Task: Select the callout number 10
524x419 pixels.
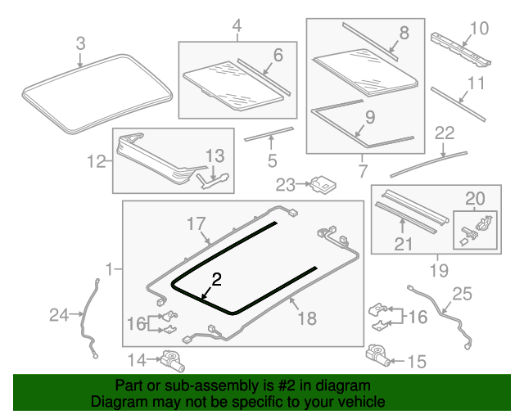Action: click(478, 29)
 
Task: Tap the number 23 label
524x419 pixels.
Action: click(284, 184)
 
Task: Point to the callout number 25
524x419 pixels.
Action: click(463, 294)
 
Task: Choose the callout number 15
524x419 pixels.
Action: click(417, 360)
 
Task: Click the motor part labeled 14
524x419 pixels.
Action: click(174, 358)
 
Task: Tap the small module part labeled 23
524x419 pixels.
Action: click(324, 184)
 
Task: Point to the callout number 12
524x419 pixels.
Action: click(97, 161)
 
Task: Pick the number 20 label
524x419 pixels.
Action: click(475, 197)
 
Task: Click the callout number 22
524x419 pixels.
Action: click(444, 133)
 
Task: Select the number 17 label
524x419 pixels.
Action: click(195, 223)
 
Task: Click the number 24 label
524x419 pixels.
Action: click(59, 314)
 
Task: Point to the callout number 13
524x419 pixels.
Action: click(214, 155)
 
